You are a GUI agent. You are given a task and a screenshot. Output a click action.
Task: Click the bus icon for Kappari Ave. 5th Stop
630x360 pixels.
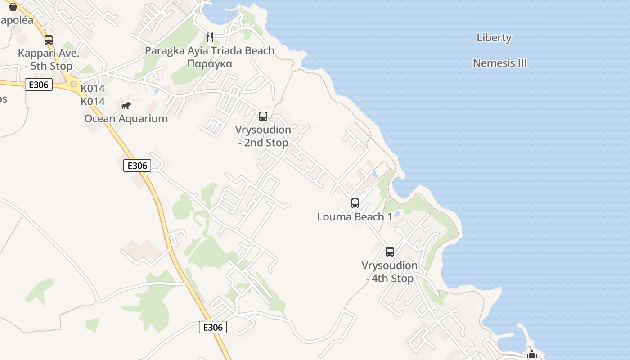49,40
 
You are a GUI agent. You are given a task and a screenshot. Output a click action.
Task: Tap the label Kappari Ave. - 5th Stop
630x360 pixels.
49,60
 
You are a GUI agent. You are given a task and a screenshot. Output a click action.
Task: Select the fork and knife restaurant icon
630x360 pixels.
209,37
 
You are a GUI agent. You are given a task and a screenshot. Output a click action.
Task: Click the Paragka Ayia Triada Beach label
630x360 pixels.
210,51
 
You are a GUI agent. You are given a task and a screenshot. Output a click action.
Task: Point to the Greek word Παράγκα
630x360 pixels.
210,63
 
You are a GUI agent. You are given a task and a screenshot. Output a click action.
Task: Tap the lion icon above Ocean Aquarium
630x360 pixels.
126,106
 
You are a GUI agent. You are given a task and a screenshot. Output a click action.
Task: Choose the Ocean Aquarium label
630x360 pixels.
126,119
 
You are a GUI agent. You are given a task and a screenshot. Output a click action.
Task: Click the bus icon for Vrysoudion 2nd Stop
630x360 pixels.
263,117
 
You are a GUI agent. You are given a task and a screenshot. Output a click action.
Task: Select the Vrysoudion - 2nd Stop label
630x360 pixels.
263,136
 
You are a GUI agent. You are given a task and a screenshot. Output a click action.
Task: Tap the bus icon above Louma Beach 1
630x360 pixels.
355,203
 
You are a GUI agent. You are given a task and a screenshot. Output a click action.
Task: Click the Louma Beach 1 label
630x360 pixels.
355,217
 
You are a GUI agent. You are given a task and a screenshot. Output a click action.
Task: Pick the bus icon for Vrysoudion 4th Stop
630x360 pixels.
390,252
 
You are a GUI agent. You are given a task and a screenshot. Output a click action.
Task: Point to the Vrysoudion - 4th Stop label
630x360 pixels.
390,272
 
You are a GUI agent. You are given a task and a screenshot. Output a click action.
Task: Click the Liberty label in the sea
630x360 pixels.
494,38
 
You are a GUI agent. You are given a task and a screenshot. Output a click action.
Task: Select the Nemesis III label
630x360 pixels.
500,63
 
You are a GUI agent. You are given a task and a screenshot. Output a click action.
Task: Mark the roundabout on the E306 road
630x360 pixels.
73,84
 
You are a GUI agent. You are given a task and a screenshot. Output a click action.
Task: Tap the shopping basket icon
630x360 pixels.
13,7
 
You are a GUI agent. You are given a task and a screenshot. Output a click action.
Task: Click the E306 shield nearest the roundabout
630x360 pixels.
39,85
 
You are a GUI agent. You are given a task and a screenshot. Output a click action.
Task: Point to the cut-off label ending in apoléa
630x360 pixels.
17,20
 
